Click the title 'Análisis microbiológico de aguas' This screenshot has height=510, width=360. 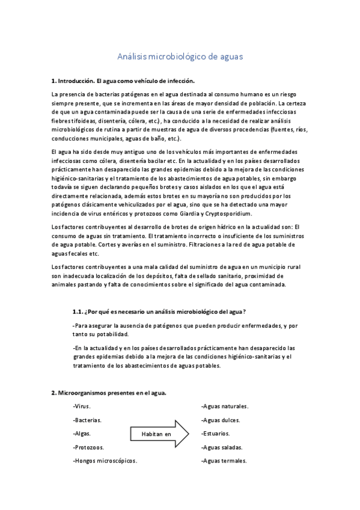pos(180,58)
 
